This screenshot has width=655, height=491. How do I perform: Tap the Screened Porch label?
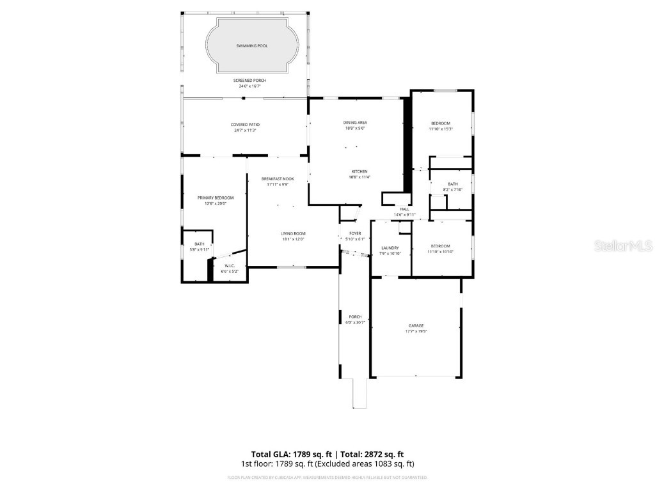pyautogui.click(x=249, y=80)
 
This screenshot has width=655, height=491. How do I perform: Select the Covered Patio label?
pyautogui.click(x=246, y=124)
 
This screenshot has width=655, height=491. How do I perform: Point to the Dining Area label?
pyautogui.click(x=355, y=122)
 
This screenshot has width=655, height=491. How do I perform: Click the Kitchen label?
pyautogui.click(x=359, y=171)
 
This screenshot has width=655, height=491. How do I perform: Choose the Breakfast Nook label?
pyautogui.click(x=278, y=178)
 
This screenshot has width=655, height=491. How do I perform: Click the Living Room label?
pyautogui.click(x=294, y=233)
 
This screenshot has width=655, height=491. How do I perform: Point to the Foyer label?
pyautogui.click(x=355, y=233)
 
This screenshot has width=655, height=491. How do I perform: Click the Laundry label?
pyautogui.click(x=390, y=247)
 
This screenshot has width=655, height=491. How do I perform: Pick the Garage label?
pyautogui.click(x=416, y=325)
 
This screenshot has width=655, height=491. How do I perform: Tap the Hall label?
pyautogui.click(x=404, y=209)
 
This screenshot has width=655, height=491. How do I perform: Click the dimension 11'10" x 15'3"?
pyautogui.click(x=440, y=129)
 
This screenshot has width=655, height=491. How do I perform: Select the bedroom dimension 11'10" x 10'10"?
pyautogui.click(x=440, y=252)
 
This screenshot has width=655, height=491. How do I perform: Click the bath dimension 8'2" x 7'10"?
pyautogui.click(x=452, y=190)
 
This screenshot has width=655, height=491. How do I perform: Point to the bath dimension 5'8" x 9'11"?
pyautogui.click(x=200, y=249)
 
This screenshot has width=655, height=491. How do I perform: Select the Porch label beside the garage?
pyautogui.click(x=355, y=316)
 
